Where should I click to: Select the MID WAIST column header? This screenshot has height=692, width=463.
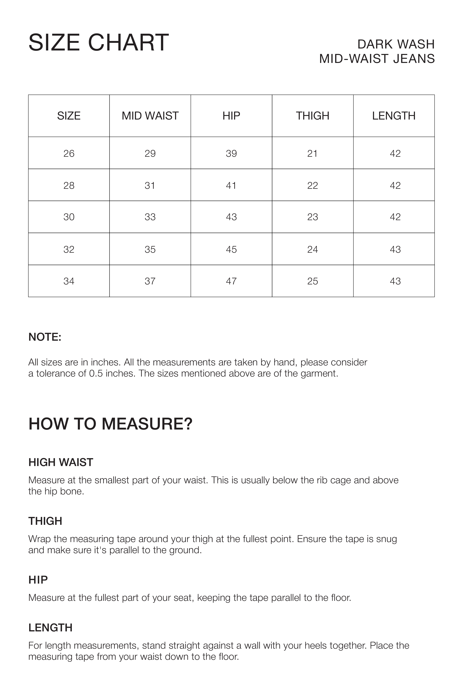coord(150,116)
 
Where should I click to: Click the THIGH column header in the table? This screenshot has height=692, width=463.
coord(312,116)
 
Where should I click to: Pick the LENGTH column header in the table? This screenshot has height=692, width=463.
coord(394,116)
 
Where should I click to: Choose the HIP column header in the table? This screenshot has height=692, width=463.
coord(231,116)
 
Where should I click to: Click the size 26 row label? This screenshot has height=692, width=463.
coord(69,153)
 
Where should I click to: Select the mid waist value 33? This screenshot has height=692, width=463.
coord(150,217)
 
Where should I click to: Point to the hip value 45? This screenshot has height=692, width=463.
coord(231,249)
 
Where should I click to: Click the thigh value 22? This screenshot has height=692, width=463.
coord(312,185)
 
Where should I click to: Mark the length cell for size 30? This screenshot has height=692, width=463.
coord(395,217)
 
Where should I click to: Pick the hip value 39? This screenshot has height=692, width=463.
coord(231,153)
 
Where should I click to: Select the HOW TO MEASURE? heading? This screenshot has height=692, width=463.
coord(110,424)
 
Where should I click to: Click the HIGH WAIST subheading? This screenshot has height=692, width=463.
coord(61,462)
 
